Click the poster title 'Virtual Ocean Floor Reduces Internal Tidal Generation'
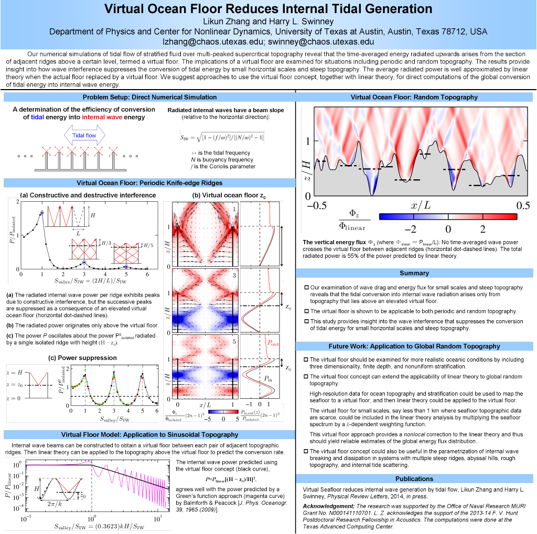[x=268, y=9]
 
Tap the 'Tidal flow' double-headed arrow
[x=84, y=135]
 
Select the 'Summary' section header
[x=414, y=273]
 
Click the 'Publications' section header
[x=414, y=478]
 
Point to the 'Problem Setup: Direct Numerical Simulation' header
[x=149, y=97]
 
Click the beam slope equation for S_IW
[x=222, y=138]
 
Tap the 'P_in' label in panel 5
[x=267, y=377]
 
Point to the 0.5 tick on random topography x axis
[x=523, y=205]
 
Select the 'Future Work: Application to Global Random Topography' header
[x=414, y=346]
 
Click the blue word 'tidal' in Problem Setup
[x=37, y=117]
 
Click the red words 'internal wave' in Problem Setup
[x=103, y=117]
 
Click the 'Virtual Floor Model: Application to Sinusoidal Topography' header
[x=149, y=434]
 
